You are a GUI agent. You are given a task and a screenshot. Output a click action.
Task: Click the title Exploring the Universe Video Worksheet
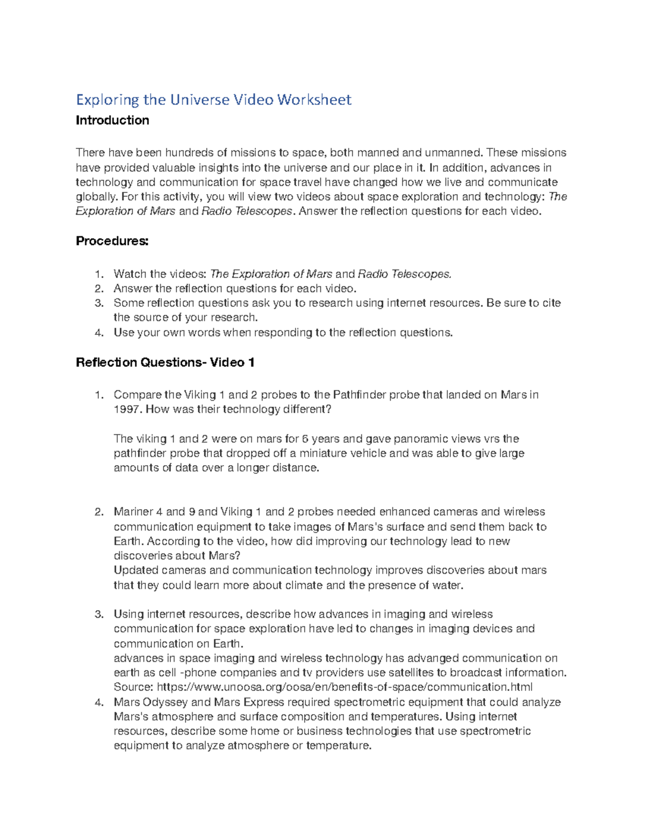point(213,100)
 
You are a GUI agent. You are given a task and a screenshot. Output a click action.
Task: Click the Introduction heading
point(112,120)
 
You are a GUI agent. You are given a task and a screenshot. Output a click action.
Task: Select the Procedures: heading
point(112,241)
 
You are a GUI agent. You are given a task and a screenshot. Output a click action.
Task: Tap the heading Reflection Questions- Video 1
point(165,362)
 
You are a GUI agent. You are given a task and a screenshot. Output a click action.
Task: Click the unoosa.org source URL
point(344,687)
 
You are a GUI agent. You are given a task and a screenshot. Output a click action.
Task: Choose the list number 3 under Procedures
point(98,303)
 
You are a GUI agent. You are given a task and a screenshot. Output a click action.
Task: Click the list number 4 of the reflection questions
point(98,702)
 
